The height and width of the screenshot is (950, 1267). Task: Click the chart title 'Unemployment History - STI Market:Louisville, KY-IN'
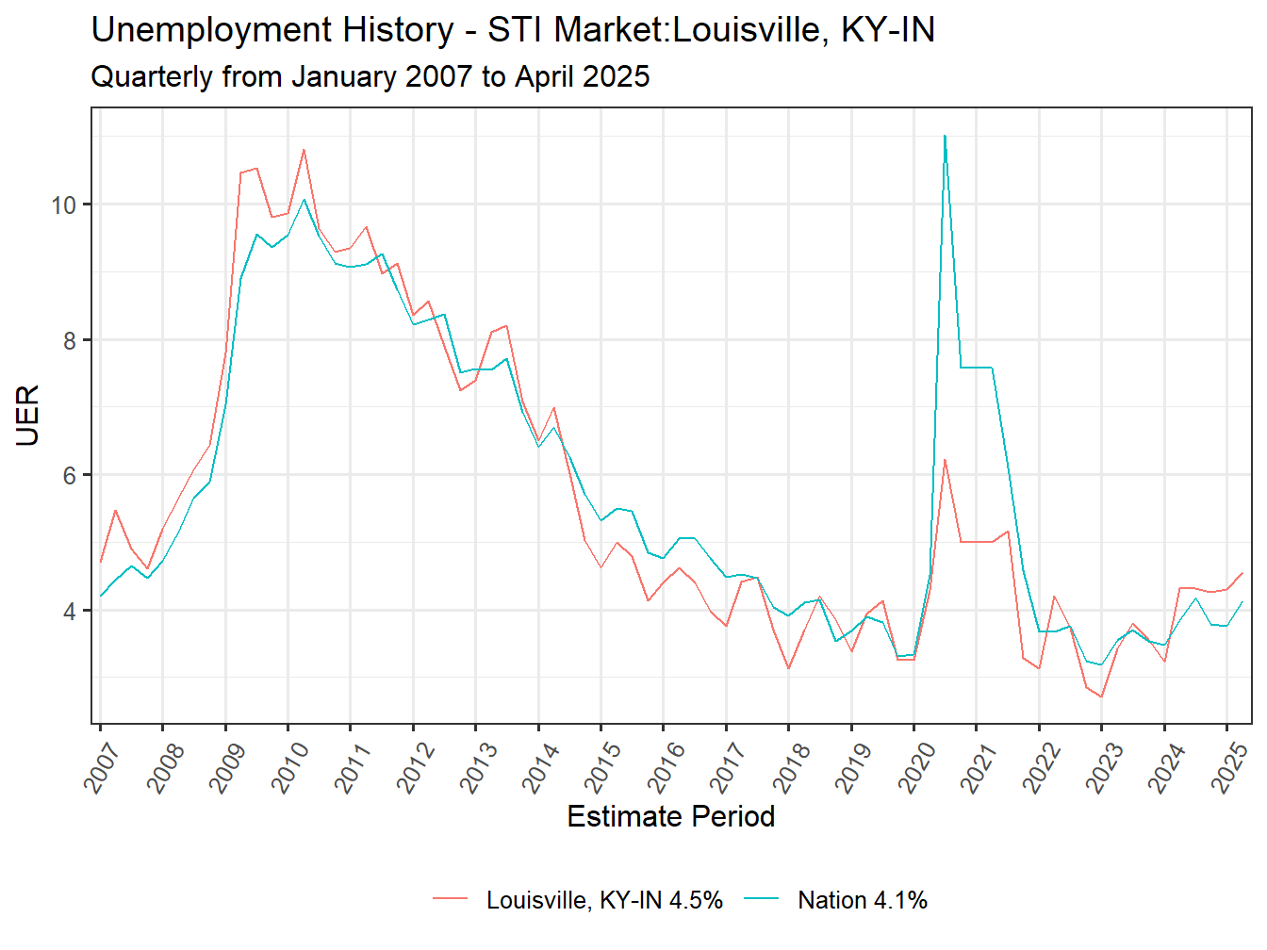(x=513, y=30)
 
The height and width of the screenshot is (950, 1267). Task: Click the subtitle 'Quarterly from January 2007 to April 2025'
(x=370, y=76)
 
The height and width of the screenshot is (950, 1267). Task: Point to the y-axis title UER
(x=28, y=416)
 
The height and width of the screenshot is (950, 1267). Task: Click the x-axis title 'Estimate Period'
(x=670, y=816)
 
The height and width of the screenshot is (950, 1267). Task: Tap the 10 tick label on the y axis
(x=64, y=205)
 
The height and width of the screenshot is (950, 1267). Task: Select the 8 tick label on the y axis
(x=71, y=340)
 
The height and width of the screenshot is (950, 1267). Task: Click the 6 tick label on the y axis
(x=71, y=476)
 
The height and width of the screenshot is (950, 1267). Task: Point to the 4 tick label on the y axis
(x=71, y=612)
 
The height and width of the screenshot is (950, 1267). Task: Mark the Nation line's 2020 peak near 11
(x=945, y=136)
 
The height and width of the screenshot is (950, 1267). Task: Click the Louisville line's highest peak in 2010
(x=304, y=149)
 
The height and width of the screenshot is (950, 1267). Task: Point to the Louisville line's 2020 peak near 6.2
(x=945, y=460)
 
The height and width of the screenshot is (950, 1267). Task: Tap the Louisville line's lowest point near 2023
(x=1101, y=697)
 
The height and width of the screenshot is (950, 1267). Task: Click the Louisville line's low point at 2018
(x=788, y=668)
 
